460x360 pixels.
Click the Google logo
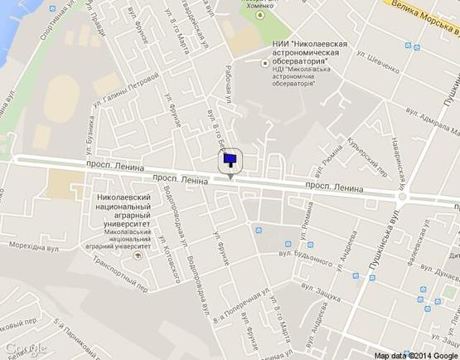tap(24, 348)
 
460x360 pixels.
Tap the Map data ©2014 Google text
tap(415, 354)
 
